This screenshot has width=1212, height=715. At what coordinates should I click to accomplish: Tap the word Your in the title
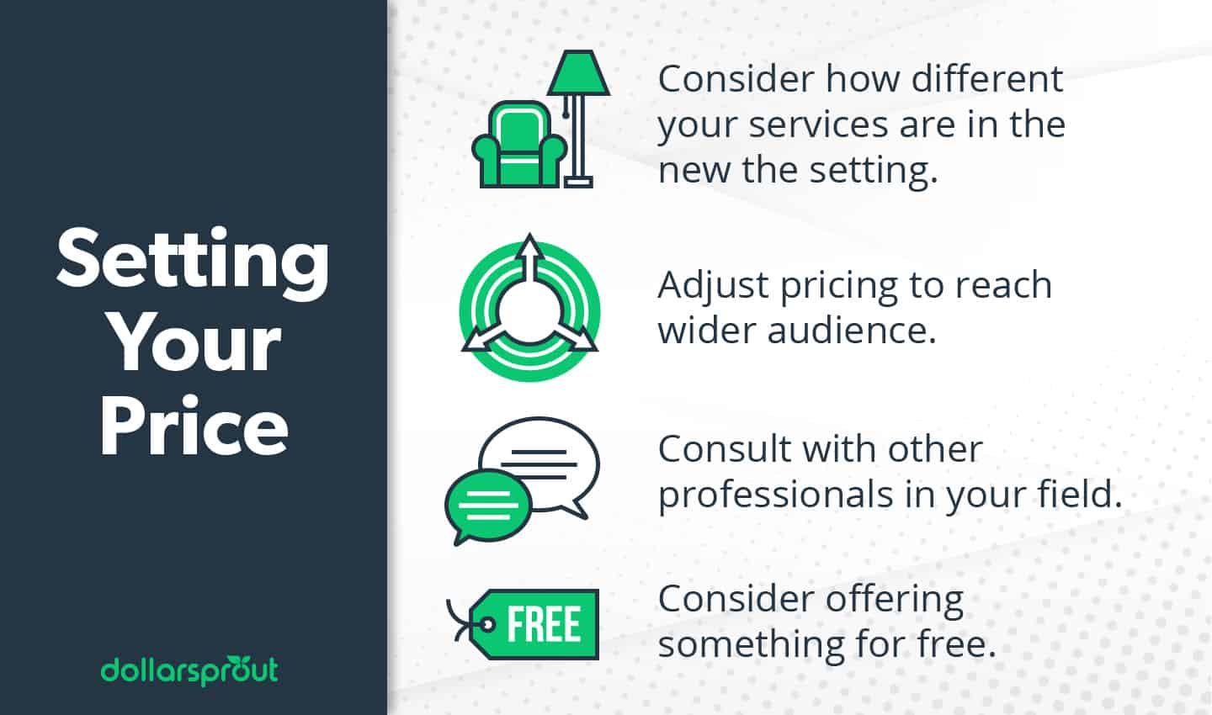(195, 345)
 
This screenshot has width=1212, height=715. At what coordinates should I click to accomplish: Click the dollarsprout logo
(189, 670)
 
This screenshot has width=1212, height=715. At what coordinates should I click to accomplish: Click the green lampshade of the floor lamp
(578, 74)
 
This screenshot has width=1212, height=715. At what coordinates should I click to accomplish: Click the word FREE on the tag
(544, 624)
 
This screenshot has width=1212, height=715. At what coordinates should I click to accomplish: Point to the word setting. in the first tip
(874, 170)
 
